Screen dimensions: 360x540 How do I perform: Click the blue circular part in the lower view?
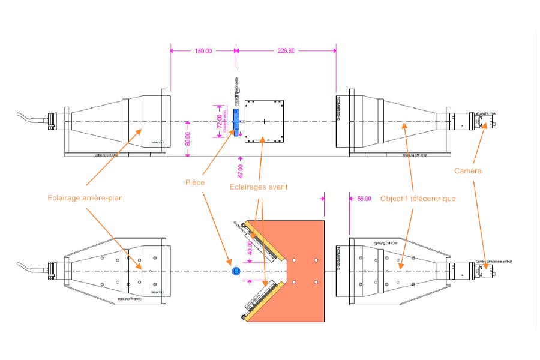click(236, 271)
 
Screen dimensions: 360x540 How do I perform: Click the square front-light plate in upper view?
click(263, 121)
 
